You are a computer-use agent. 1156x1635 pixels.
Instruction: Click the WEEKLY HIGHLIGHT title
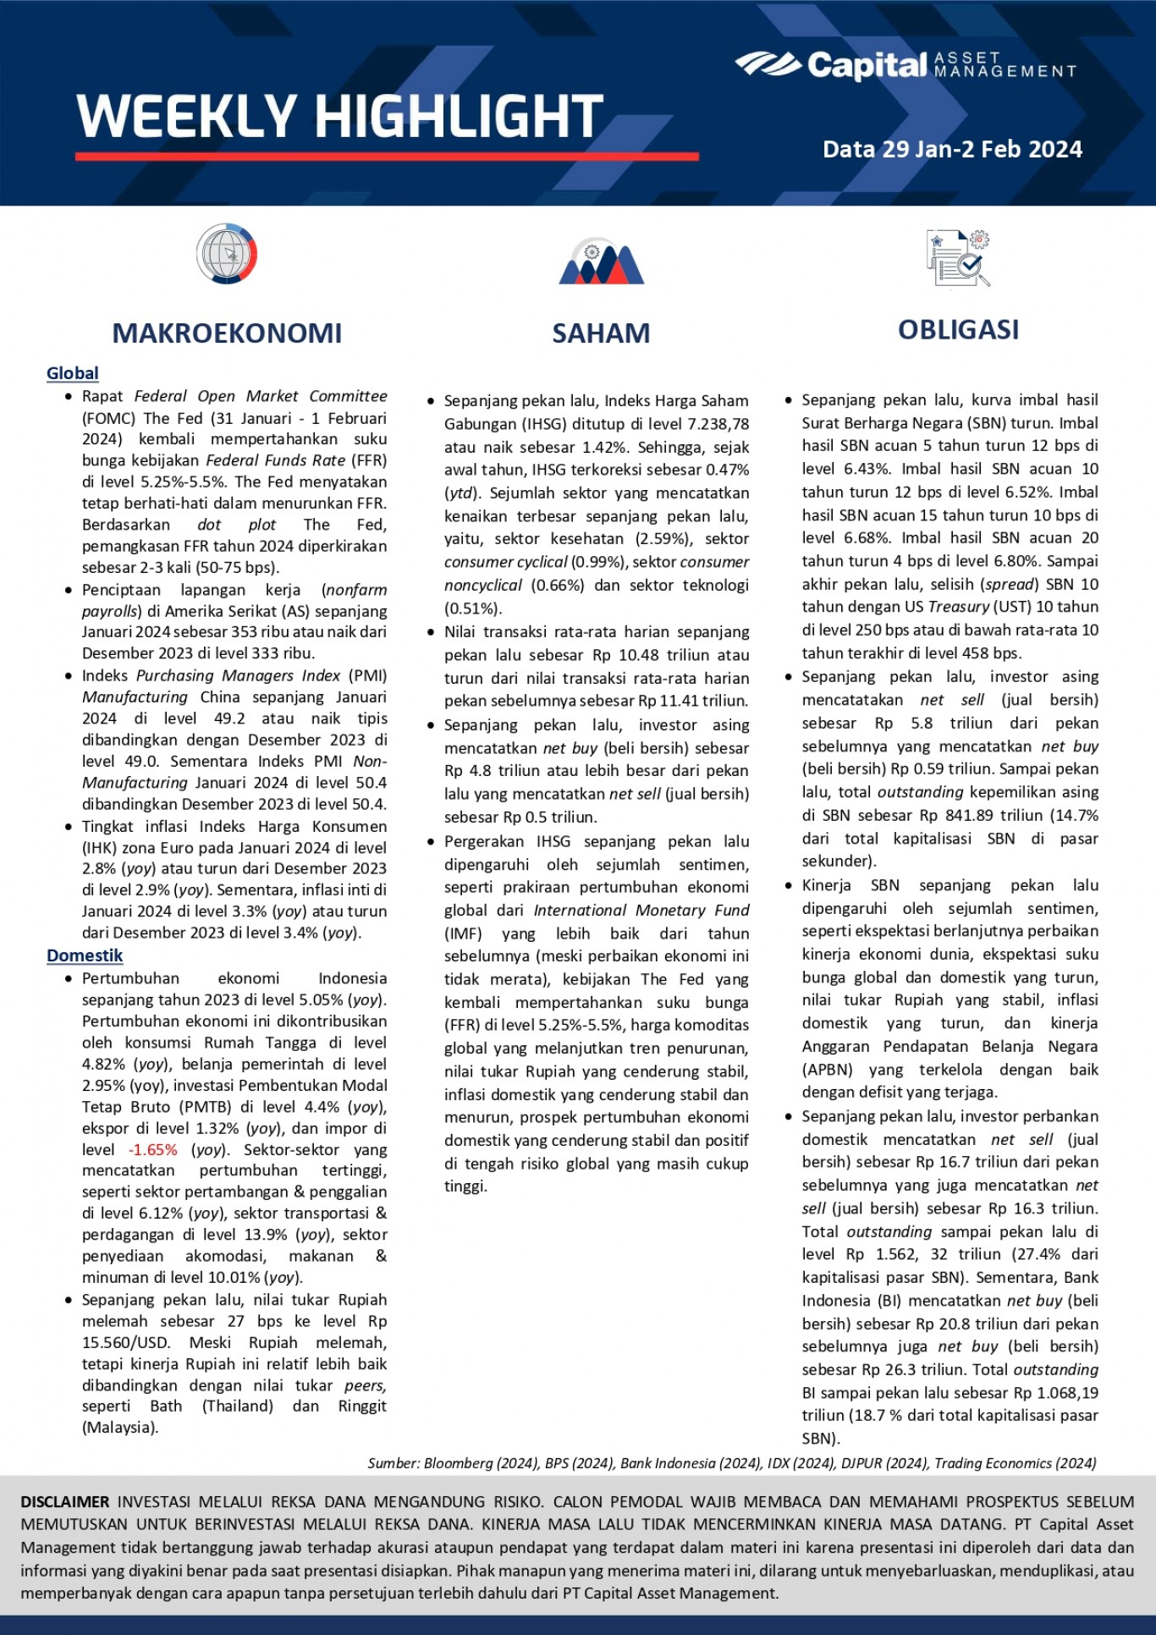point(339,116)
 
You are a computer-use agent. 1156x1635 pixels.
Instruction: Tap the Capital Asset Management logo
point(905,64)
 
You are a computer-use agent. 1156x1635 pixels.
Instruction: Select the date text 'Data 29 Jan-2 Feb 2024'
point(952,150)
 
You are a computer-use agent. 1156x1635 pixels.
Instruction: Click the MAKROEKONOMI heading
point(227,333)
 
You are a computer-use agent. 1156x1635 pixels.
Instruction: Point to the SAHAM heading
point(601,333)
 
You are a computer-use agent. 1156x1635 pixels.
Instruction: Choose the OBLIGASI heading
point(958,330)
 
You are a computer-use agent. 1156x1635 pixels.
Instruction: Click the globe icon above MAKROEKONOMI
point(227,254)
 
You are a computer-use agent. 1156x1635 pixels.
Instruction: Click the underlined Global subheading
point(73,373)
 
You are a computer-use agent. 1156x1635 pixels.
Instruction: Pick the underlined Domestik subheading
point(85,955)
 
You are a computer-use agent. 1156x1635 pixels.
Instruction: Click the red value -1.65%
point(153,1150)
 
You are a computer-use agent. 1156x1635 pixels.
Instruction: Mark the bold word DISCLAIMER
point(65,1502)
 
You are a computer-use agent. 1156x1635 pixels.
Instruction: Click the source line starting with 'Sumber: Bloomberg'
point(732,1463)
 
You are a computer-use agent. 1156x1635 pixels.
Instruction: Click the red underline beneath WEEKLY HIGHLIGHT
point(387,157)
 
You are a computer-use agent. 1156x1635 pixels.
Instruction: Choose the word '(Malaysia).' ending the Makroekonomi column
point(120,1428)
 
